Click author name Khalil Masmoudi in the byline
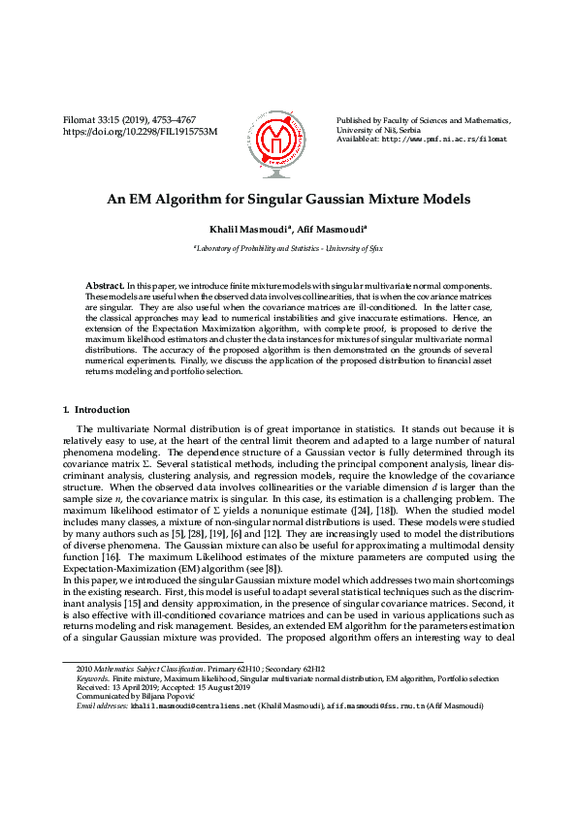249,229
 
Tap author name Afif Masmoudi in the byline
330,229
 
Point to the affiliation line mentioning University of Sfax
288,248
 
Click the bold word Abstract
105,288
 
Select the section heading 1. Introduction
96,410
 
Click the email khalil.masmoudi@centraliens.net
194,706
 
